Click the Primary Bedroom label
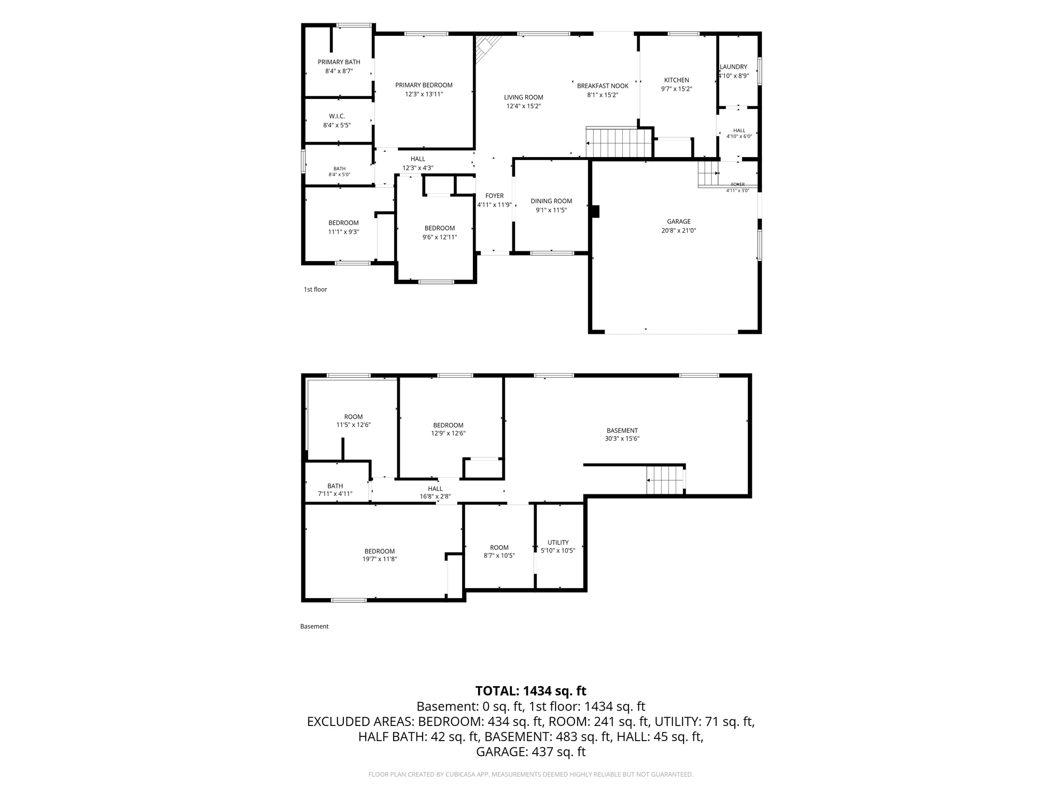coord(424,86)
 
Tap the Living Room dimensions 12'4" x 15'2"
coord(524,106)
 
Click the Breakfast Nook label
coord(603,86)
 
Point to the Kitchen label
coord(677,80)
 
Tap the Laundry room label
coord(733,67)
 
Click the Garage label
coord(679,222)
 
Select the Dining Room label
coord(551,201)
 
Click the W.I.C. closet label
coord(337,117)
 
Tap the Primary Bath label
coord(339,62)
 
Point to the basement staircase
coord(665,480)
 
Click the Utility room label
coord(558,543)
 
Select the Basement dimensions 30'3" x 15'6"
coord(622,438)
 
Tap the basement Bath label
coord(335,486)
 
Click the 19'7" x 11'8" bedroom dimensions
coord(380,559)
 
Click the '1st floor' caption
coord(315,290)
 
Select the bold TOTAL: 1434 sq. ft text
coord(531,691)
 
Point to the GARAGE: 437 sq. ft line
coord(531,752)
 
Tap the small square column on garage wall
coord(596,211)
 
